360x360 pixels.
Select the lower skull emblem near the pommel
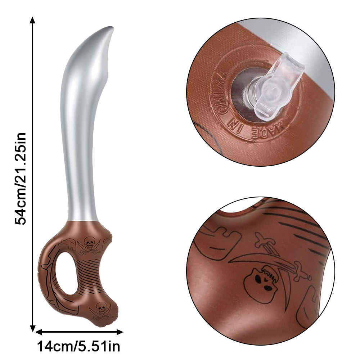pyautogui.click(x=101, y=307)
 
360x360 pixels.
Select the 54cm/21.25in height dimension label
pyautogui.click(x=21, y=179)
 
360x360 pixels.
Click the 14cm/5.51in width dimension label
pyautogui.click(x=78, y=346)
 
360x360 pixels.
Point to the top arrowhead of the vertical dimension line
pyautogui.click(x=33, y=20)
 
